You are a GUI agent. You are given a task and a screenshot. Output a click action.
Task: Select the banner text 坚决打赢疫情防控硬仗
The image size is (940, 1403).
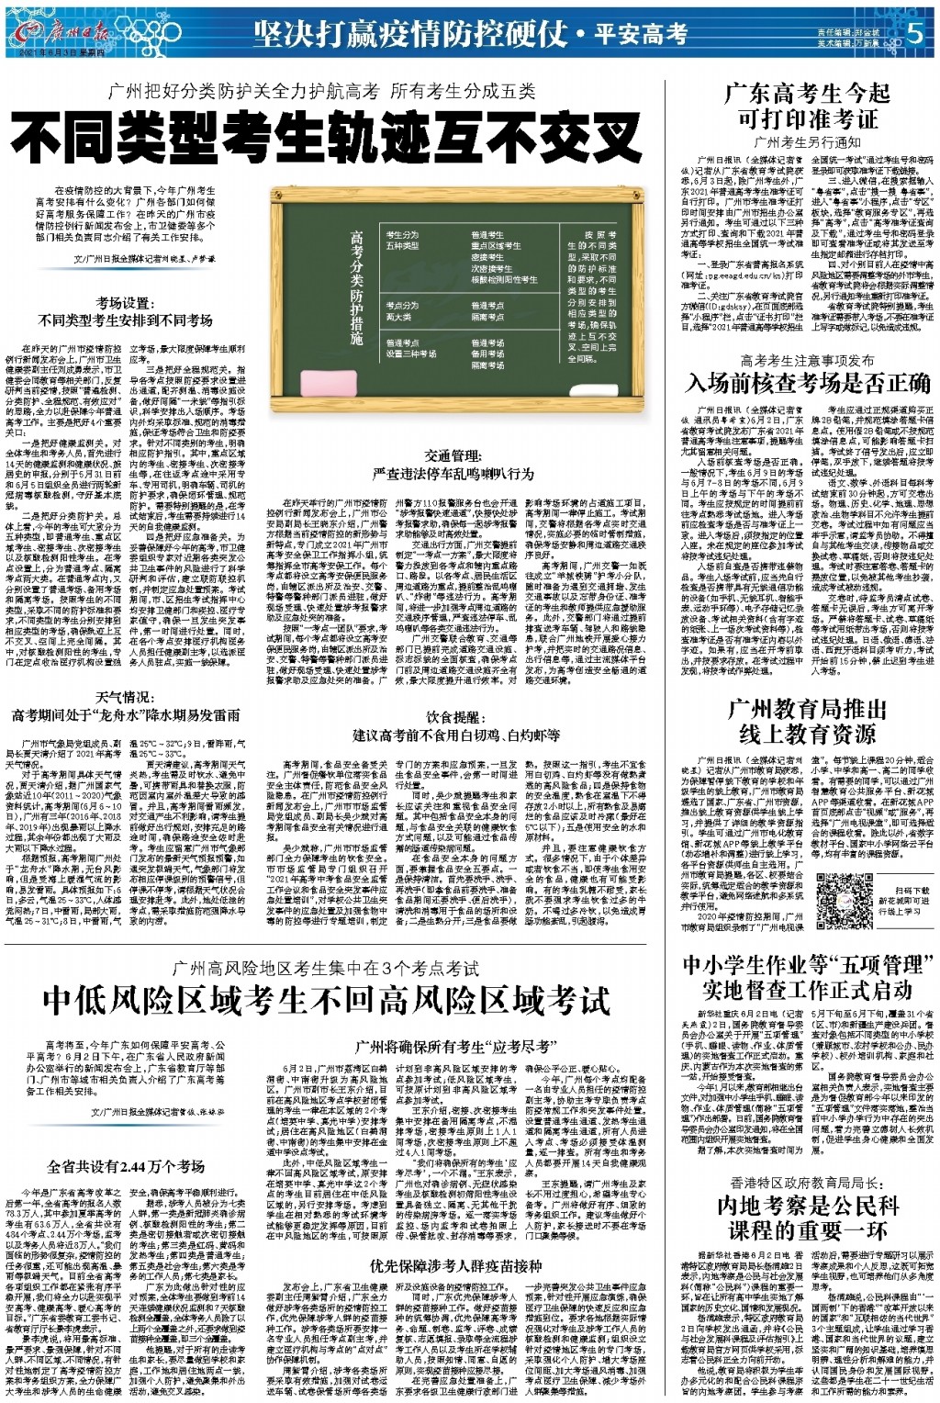tap(410, 34)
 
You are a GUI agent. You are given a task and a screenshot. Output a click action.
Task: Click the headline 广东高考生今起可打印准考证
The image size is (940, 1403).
tap(807, 105)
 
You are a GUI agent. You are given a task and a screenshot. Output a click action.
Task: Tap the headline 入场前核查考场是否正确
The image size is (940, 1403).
tap(809, 382)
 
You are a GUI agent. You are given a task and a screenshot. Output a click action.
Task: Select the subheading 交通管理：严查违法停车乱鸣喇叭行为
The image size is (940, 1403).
tap(453, 464)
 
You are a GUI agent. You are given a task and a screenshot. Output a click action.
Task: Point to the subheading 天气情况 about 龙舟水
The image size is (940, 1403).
tap(126, 705)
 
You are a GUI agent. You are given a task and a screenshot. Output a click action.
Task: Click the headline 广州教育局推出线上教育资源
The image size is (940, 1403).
tap(807, 721)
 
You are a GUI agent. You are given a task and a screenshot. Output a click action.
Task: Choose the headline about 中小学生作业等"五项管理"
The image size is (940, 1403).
tap(807, 976)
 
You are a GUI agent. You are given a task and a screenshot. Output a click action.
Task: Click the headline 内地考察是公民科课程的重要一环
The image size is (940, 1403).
tap(807, 1218)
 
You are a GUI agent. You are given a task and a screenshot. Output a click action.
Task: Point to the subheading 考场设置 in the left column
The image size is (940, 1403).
tap(126, 311)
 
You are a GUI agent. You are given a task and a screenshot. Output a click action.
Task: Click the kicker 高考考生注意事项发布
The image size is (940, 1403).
tap(807, 361)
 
